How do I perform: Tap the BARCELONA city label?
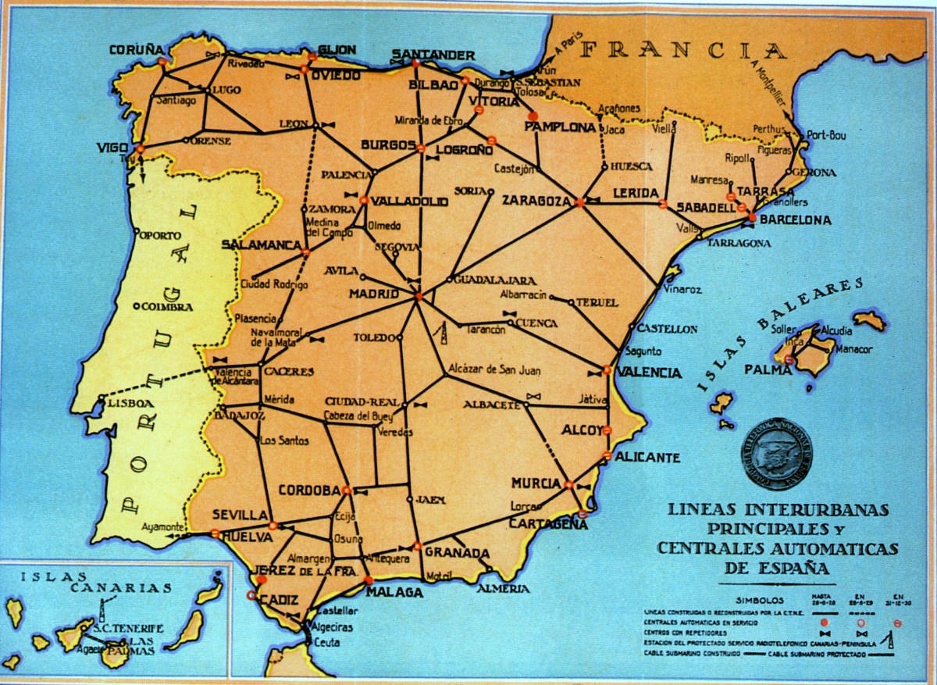pyautogui.click(x=795, y=221)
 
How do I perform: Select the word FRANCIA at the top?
pyautogui.click(x=684, y=51)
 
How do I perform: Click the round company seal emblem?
pyautogui.click(x=777, y=454)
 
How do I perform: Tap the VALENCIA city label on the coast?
pyautogui.click(x=649, y=373)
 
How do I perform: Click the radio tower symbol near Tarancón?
pyautogui.click(x=443, y=333)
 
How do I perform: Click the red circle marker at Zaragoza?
pyautogui.click(x=579, y=202)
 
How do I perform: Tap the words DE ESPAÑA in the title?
pyautogui.click(x=777, y=567)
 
